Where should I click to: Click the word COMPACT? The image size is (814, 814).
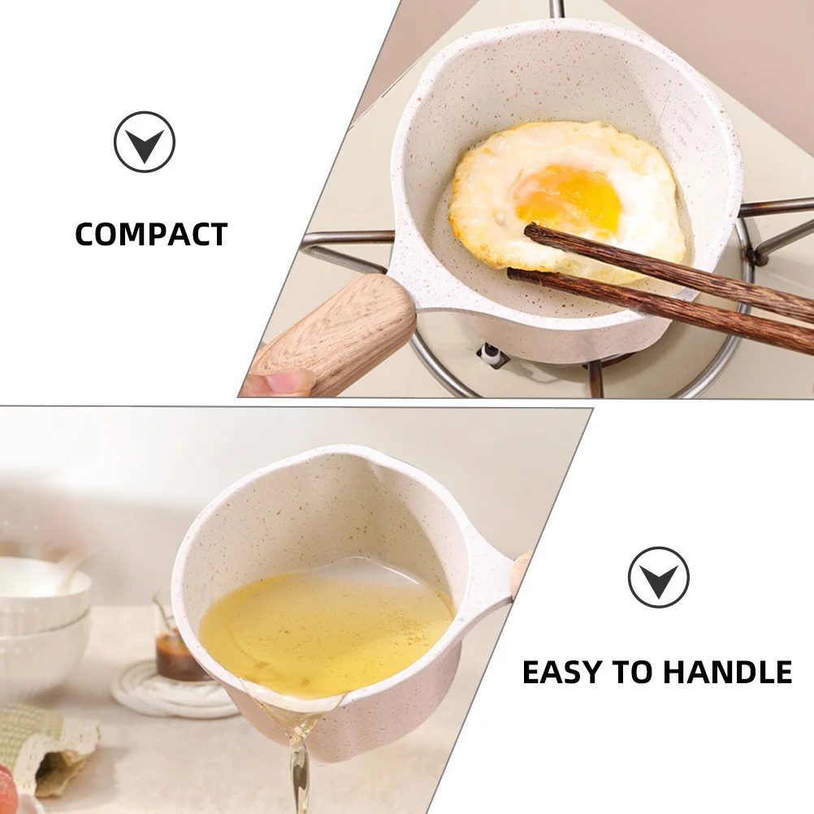[x=151, y=235]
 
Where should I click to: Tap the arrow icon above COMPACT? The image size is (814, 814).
[x=145, y=142]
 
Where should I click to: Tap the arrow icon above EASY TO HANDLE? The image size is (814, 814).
[x=658, y=578]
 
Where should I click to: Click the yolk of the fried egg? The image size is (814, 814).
[x=569, y=196]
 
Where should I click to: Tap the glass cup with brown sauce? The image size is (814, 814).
[x=175, y=642]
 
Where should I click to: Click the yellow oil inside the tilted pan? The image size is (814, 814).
[x=325, y=626]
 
